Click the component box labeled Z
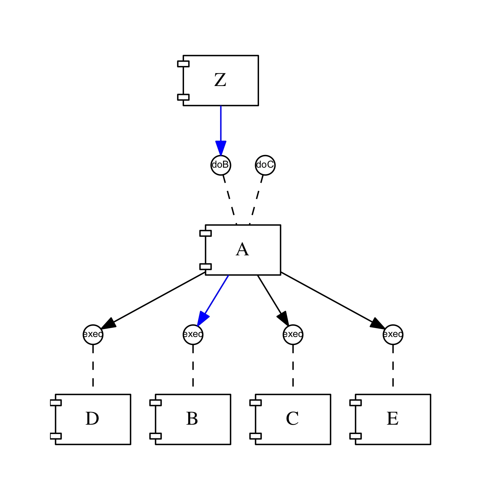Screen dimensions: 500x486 coord(221,81)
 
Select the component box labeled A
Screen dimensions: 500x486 coord(243,250)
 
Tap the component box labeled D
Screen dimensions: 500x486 coord(93,419)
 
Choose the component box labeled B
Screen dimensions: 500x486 coord(193,419)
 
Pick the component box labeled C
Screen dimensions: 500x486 coord(293,419)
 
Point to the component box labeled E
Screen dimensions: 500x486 coord(393,419)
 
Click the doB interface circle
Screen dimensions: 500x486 coord(221,165)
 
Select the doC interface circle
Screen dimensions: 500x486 coord(265,165)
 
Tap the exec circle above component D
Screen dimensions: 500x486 coord(93,334)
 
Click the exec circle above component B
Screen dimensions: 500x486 coord(193,334)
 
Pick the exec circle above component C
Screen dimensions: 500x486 coord(293,334)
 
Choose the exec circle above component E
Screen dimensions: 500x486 coord(393,334)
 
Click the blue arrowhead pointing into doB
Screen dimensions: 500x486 coord(221,148)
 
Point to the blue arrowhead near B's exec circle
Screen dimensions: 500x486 coord(202,318)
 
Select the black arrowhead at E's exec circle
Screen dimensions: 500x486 coord(377,324)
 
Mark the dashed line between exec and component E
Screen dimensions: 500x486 coord(393,366)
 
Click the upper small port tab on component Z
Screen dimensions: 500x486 coord(183,64)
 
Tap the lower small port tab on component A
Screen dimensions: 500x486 coord(205,267)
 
